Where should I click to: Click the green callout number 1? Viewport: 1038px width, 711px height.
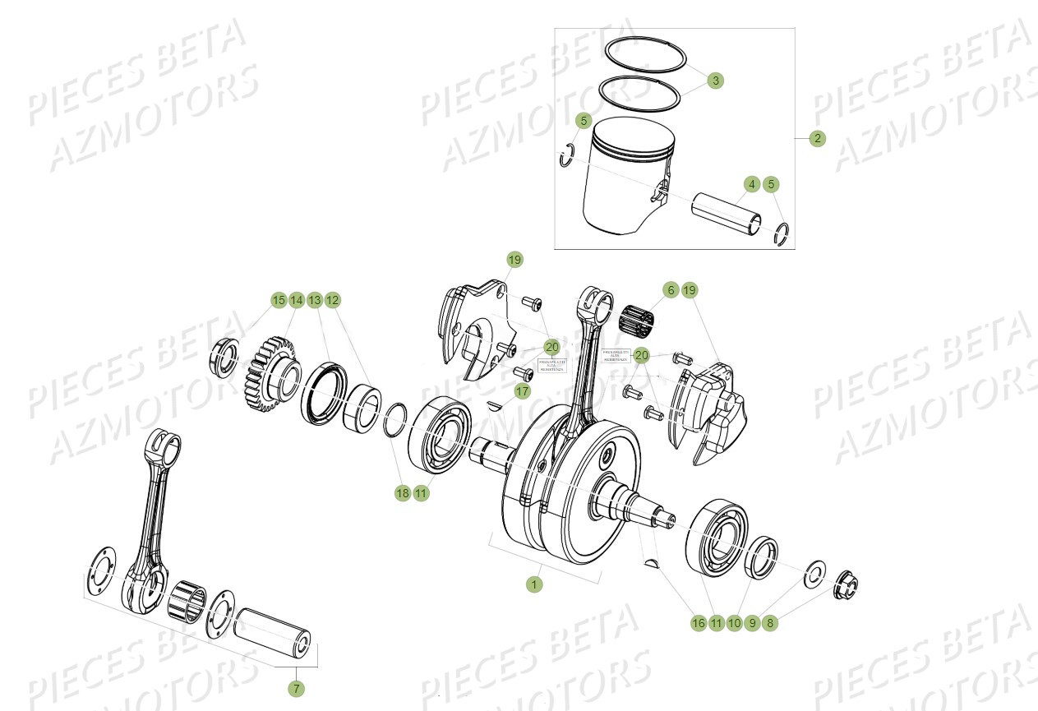tap(534, 584)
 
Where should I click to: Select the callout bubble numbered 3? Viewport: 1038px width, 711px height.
tap(716, 81)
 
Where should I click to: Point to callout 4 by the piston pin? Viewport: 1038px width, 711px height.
tap(751, 184)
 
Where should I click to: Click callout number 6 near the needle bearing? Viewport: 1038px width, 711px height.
tap(671, 290)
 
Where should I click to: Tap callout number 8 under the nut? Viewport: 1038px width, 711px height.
tap(770, 623)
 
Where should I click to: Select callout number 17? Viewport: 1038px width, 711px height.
tap(522, 392)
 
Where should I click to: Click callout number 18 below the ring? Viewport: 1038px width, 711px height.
tap(402, 493)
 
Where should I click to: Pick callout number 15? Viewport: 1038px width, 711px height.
tap(279, 300)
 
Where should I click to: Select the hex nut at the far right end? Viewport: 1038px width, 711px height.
tap(845, 586)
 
